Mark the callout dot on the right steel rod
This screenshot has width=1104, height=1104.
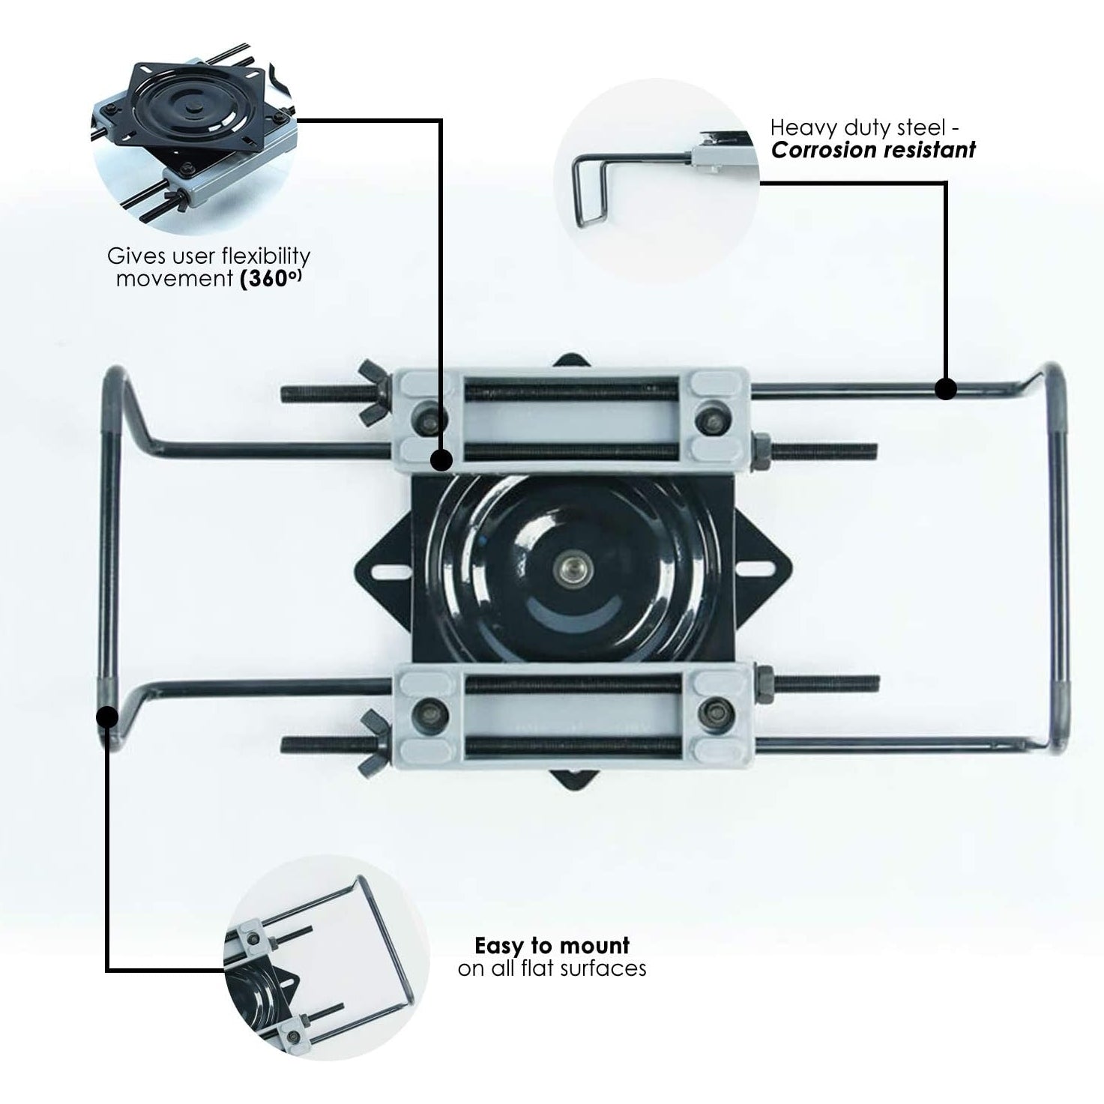946,388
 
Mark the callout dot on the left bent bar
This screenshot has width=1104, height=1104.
107,717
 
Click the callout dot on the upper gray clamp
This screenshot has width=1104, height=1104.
441,459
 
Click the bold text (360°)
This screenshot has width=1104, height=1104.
274,280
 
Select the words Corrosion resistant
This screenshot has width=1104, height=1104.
873,150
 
